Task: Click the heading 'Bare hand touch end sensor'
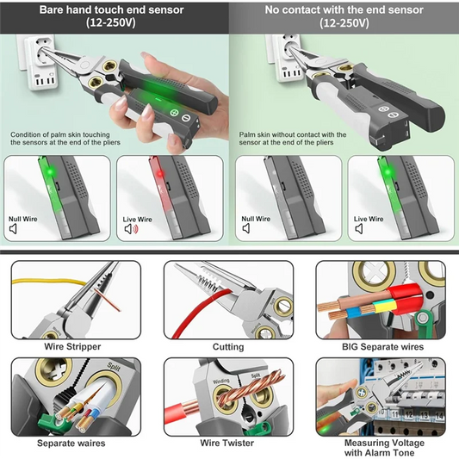[x=115, y=10]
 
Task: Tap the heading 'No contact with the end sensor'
[x=344, y=10]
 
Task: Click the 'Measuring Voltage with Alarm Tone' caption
[x=380, y=447]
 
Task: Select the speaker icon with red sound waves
[x=132, y=230]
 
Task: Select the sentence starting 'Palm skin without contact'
[x=293, y=139]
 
